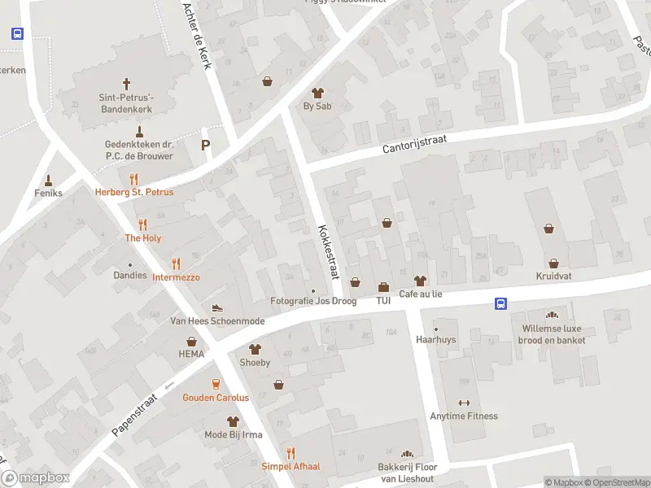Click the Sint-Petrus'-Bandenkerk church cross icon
tap(126, 83)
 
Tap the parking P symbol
tap(205, 146)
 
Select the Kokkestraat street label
tap(328, 251)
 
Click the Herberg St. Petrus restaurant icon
tap(134, 179)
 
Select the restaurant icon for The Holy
tap(142, 224)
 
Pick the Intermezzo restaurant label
tap(176, 277)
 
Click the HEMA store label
tap(191, 355)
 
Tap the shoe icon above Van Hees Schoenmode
tap(216, 307)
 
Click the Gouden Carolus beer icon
tap(216, 384)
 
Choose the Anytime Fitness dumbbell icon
tap(465, 403)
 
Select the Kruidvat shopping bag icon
tap(554, 264)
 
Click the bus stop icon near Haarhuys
tap(500, 304)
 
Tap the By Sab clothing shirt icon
tap(317, 93)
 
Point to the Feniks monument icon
tap(48, 180)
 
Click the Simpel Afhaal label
tap(291, 466)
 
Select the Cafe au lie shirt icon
tap(420, 281)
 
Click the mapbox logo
tap(35, 477)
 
